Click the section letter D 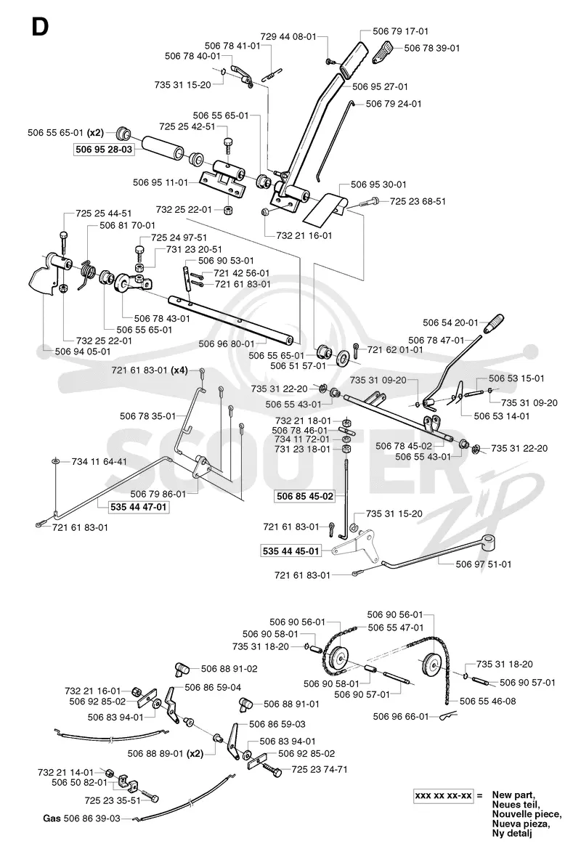coord(40,26)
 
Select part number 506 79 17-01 coord(400,31)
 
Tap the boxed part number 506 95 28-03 coord(104,150)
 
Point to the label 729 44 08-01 coord(288,37)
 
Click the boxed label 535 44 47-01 coord(138,508)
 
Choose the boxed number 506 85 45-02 coord(305,496)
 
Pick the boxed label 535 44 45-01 coord(290,551)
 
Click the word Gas coord(52,818)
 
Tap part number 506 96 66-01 coord(401,716)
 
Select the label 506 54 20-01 coord(450,322)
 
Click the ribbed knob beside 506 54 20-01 coord(493,325)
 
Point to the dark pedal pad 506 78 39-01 coord(386,52)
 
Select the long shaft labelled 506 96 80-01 coord(231,319)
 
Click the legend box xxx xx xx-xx coord(444,796)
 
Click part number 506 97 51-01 coord(484,564)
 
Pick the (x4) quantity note coord(180,370)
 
